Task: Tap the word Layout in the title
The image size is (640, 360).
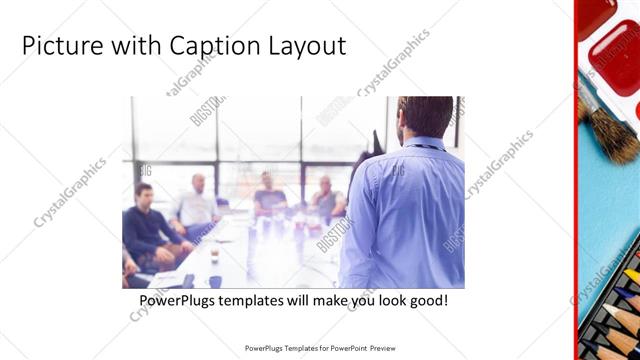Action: click(x=308, y=46)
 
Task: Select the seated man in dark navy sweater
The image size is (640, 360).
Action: click(x=148, y=225)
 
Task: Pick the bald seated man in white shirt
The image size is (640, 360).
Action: click(x=196, y=205)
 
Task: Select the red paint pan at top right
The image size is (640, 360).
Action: click(x=614, y=55)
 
